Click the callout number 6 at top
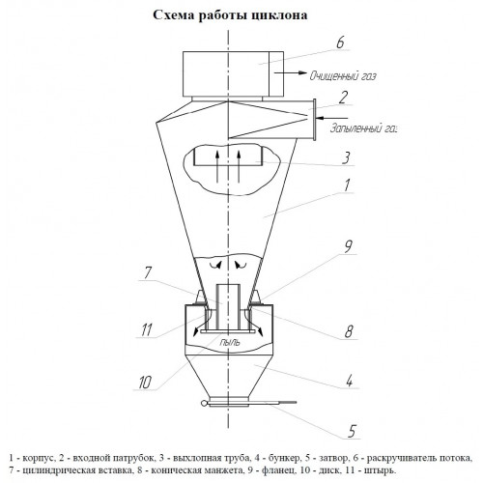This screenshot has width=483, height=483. (340, 43)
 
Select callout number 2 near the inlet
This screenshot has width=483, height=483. (344, 98)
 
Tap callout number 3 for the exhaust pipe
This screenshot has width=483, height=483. (346, 158)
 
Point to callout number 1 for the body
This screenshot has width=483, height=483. (347, 185)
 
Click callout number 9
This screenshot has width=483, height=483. (348, 246)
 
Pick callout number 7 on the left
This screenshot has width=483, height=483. (147, 272)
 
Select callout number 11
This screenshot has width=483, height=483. (147, 330)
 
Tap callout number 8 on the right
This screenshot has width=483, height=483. (349, 331)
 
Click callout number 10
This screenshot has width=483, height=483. (145, 383)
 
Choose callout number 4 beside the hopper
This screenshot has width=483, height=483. (349, 381)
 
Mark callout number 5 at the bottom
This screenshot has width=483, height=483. (352, 431)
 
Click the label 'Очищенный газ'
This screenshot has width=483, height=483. (343, 76)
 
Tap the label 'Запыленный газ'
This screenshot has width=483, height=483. (364, 128)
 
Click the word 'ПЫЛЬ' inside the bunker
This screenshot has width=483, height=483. (230, 342)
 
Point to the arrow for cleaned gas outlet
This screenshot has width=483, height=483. (291, 72)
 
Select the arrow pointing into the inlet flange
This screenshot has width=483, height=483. (331, 118)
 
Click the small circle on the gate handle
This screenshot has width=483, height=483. (203, 403)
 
